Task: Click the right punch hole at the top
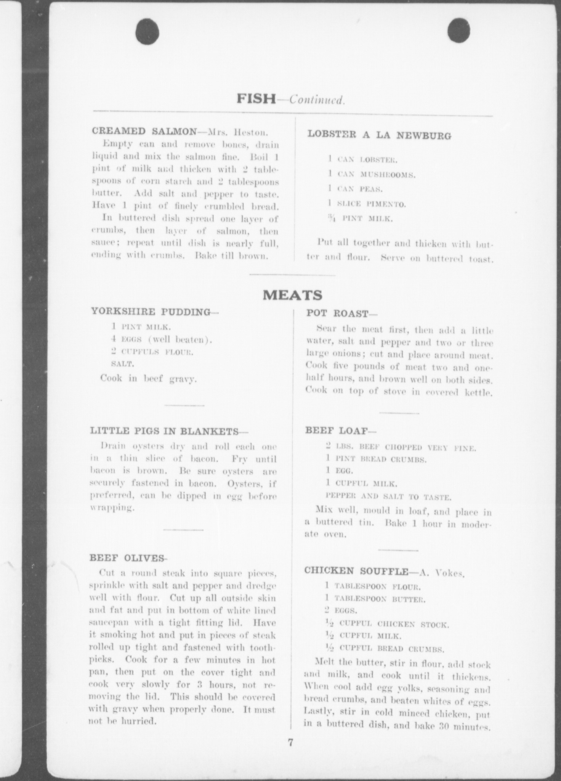pos(458,30)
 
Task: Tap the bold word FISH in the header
pos(256,99)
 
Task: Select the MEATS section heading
pos(293,295)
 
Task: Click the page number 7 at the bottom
pos(290,743)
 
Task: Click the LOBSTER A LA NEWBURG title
pos(379,135)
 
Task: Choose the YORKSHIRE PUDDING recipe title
pos(151,312)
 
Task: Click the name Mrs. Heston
pos(238,132)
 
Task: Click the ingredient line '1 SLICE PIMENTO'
pos(367,204)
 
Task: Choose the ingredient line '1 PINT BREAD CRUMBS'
pos(376,460)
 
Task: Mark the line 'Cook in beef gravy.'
pos(149,378)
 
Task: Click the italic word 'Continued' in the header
pos(317,100)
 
